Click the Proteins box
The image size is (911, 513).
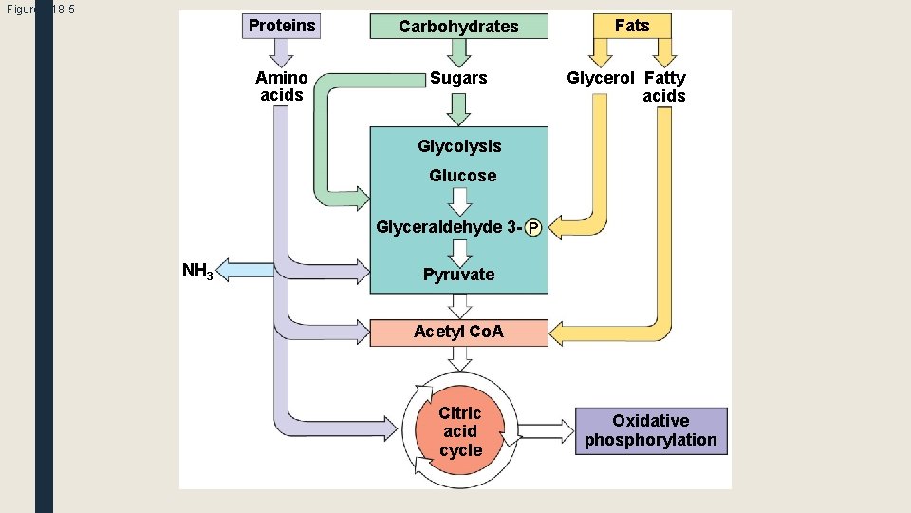(x=282, y=26)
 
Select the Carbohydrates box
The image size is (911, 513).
(x=458, y=27)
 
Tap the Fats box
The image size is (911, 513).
(x=632, y=26)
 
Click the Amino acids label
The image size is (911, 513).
(x=282, y=86)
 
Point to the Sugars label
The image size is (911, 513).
(x=458, y=78)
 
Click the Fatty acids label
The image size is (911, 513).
(x=664, y=86)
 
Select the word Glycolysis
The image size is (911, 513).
(x=459, y=146)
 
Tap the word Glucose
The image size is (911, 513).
(x=462, y=176)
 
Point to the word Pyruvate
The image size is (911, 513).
(x=458, y=275)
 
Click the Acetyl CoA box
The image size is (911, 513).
(x=459, y=332)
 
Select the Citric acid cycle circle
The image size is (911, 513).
(x=460, y=431)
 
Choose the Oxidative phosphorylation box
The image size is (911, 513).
(x=651, y=430)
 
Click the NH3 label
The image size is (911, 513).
(x=197, y=271)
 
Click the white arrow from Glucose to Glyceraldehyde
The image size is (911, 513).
(x=460, y=201)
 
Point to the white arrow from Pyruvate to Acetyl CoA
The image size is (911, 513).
(x=460, y=305)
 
